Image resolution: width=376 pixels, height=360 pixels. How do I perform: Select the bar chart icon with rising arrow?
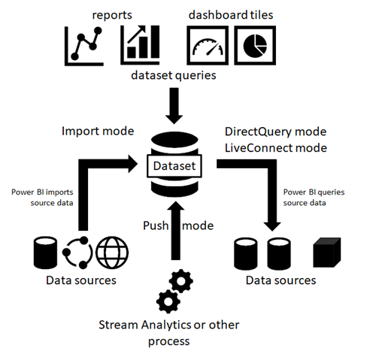140,45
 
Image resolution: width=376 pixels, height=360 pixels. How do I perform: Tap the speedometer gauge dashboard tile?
208,45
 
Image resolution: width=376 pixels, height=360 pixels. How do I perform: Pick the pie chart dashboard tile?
255,45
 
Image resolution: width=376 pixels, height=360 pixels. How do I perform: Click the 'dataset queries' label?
174,75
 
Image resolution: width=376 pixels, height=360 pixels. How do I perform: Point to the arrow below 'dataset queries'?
174,106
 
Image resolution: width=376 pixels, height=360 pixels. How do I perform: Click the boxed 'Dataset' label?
174,166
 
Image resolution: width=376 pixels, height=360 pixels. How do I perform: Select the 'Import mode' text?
98,131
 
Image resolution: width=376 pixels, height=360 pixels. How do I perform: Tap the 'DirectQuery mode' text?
275,132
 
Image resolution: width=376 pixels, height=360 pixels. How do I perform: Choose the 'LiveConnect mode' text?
276,148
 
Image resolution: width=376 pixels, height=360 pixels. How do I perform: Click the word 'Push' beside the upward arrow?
156,225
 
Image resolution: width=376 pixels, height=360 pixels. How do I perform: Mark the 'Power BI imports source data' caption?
42,198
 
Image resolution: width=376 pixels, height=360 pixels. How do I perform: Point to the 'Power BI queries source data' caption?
314,198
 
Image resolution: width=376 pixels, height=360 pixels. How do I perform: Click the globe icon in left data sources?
112,253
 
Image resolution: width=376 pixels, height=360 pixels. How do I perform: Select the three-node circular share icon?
77,253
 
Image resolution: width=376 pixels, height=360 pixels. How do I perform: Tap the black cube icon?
327,253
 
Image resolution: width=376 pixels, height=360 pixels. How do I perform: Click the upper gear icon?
181,281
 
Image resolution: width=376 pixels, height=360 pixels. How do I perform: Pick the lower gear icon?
168,301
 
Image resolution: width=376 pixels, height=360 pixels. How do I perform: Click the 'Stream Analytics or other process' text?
169,333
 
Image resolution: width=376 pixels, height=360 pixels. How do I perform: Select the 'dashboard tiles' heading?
231,15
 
